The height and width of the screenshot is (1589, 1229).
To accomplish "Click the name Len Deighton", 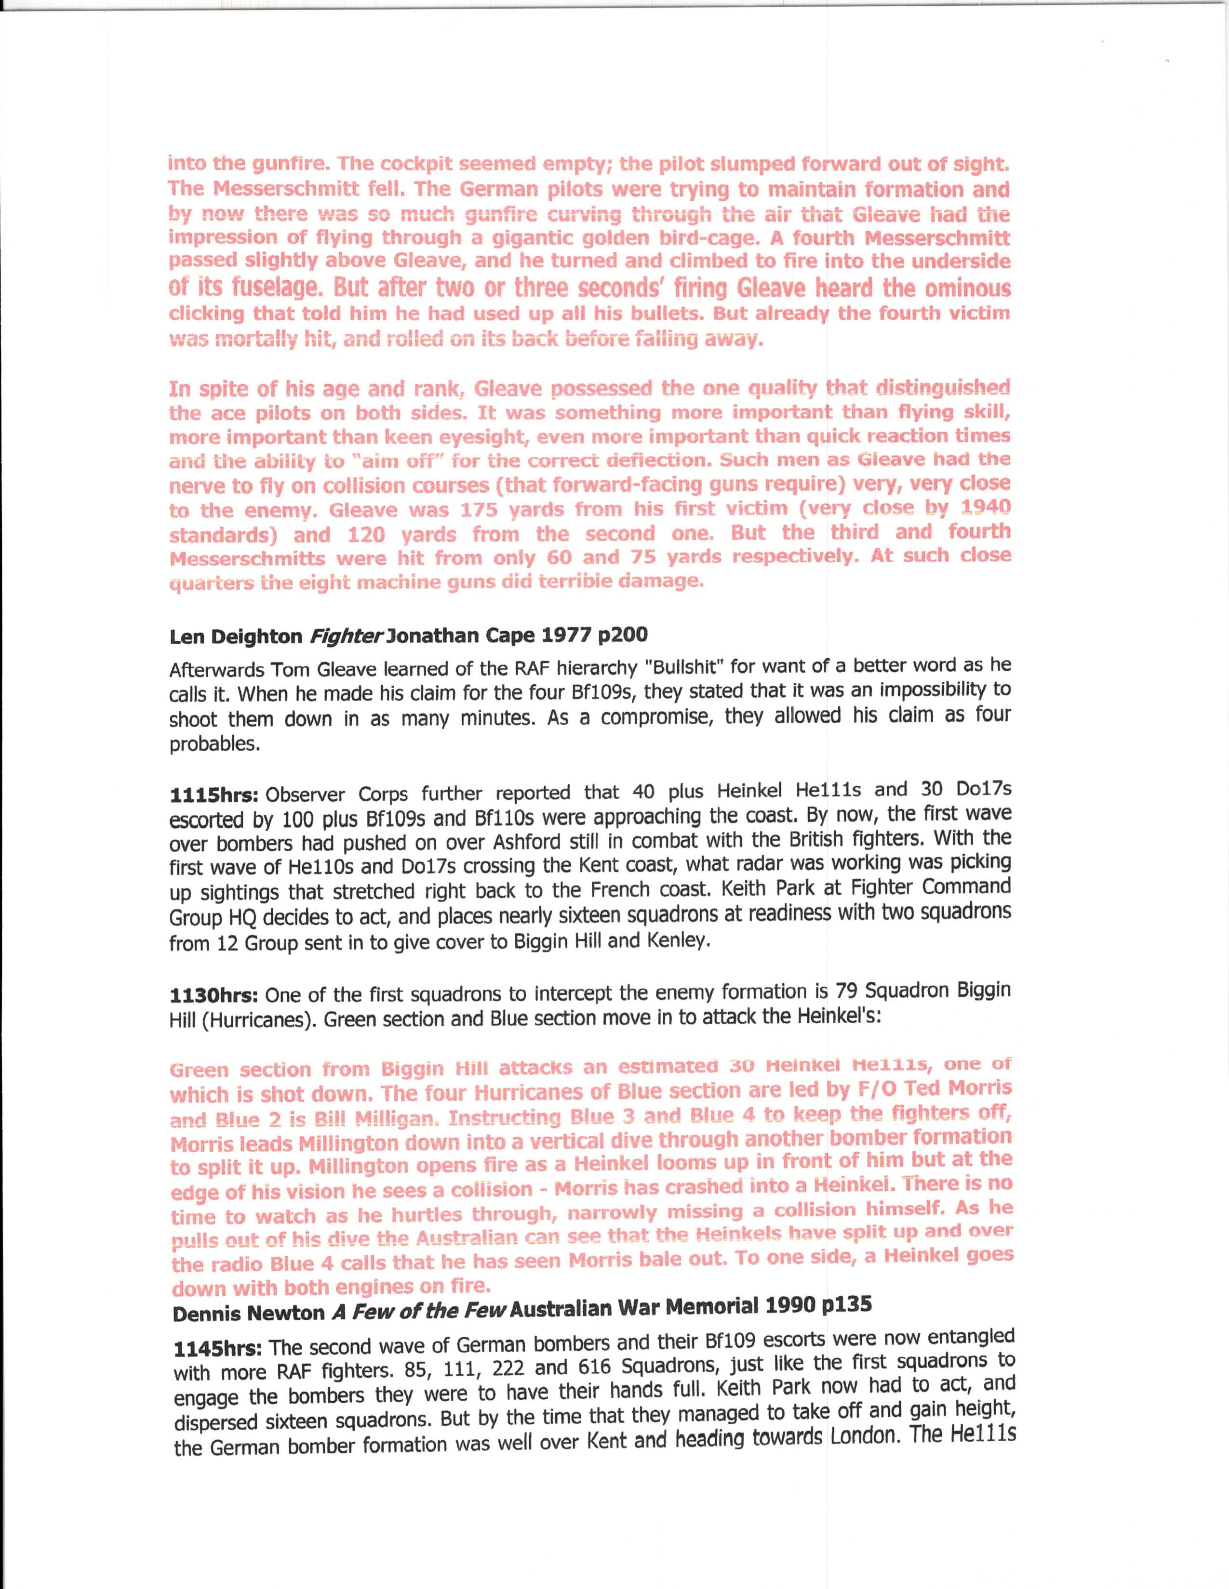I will point(235,637).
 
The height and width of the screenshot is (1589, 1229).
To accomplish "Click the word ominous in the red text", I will point(968,289).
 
